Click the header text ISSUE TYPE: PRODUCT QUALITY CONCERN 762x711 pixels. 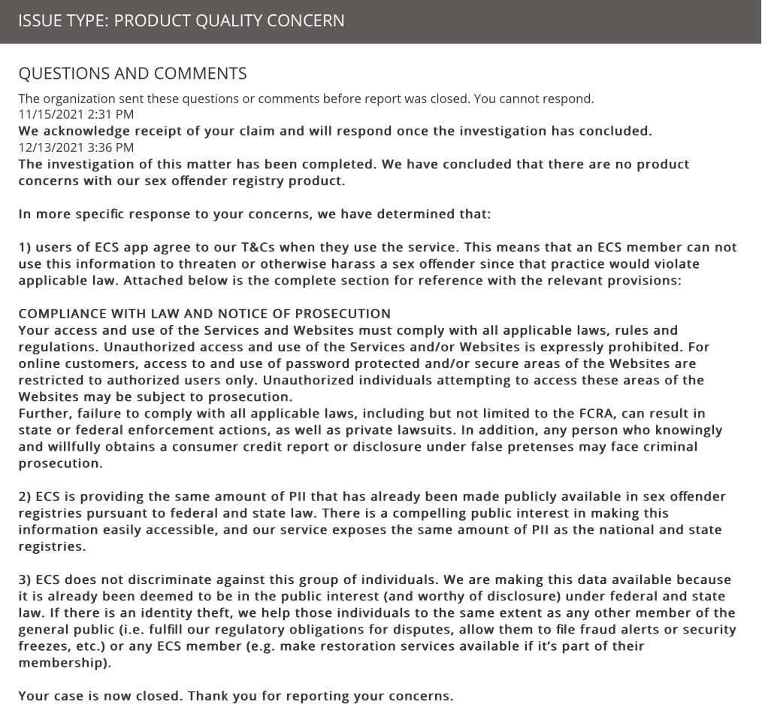click(181, 20)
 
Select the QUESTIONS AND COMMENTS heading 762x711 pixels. click(132, 73)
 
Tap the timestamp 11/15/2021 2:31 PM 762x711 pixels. click(76, 114)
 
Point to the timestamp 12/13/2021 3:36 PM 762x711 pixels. click(76, 147)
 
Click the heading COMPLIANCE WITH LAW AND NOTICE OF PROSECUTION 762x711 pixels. click(204, 314)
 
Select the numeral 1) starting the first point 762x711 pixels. click(25, 248)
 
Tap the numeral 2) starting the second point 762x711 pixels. click(25, 497)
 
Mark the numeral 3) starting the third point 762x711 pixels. click(25, 579)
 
